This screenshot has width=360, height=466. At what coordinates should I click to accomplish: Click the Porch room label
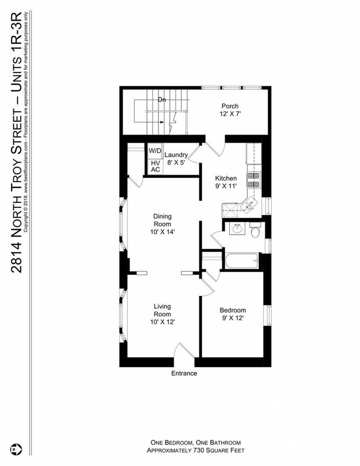(x=230, y=106)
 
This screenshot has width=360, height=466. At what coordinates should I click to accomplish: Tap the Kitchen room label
(x=226, y=178)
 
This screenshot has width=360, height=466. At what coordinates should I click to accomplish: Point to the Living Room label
(x=162, y=310)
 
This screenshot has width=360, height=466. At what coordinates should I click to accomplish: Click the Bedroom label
(x=233, y=310)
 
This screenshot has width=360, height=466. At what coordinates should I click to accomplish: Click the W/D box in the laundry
(x=155, y=151)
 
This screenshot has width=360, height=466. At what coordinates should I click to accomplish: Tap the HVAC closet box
(x=155, y=166)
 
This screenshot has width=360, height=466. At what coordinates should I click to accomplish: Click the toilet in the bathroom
(x=255, y=231)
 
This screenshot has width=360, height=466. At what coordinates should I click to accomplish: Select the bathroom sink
(x=236, y=228)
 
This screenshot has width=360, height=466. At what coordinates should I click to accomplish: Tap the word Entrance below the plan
(x=184, y=373)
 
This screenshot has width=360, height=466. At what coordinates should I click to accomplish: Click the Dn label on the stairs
(x=162, y=100)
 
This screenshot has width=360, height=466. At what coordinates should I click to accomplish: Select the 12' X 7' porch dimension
(x=230, y=114)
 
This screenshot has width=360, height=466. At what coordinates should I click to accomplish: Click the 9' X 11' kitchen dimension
(x=226, y=186)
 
